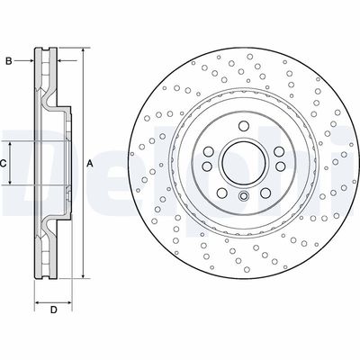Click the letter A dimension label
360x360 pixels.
[x=90, y=164]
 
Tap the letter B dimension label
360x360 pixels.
[x=9, y=61]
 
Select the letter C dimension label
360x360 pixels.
[x=3, y=164]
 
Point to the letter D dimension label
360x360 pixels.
[x=53, y=310]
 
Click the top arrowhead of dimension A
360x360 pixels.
[x=83, y=51]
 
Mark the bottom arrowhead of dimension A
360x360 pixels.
[x=83, y=275]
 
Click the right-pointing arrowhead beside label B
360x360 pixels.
[x=31, y=61]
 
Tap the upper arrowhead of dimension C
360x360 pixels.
[x=11, y=145]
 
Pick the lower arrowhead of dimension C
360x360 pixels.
[x=11, y=181]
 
